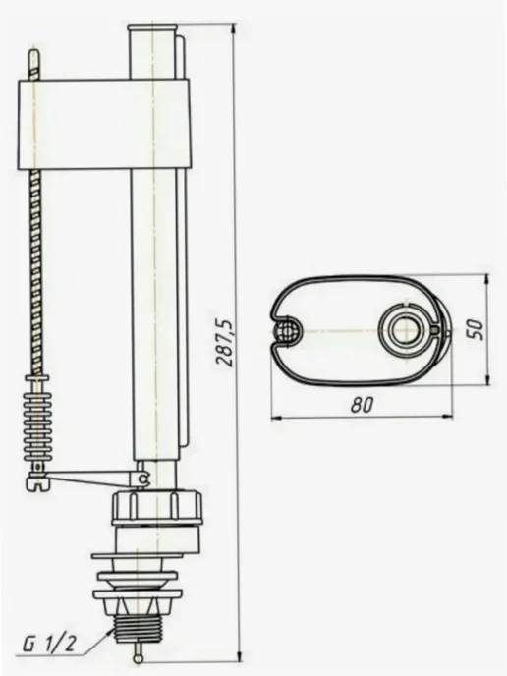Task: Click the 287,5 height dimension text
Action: point(225,343)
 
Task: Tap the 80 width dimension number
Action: point(363,404)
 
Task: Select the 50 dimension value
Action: point(476,329)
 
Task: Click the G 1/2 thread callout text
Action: point(49,645)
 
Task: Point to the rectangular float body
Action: point(104,124)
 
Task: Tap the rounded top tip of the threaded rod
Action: point(34,55)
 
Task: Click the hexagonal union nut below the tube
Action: point(157,507)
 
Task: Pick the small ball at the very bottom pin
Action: point(137,658)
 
